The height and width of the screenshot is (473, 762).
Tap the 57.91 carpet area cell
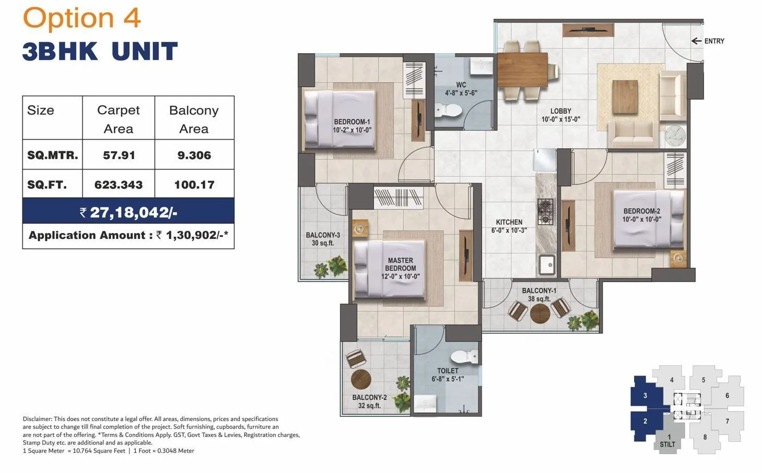pos(119,155)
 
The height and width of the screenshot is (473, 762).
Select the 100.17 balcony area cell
pos(194,185)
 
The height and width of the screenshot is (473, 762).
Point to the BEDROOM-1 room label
pos(353,126)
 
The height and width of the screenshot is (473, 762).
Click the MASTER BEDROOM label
pos(400,268)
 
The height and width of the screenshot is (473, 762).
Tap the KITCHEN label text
pos(509,226)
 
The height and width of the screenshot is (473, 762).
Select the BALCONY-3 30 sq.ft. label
pos(323,239)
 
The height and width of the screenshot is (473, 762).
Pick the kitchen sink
pos(547,265)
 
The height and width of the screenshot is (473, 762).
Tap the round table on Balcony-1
pos(539,313)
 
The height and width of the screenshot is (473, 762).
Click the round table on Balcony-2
pos(360,380)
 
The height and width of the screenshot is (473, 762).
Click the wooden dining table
pos(522,69)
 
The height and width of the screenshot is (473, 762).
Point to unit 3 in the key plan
pos(645,395)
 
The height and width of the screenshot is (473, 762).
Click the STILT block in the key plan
pos(668,441)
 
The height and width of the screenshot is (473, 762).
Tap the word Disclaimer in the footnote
pos(37,419)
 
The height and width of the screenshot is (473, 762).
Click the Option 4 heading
pos(82,18)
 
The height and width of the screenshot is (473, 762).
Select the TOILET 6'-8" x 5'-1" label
pos(447,375)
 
